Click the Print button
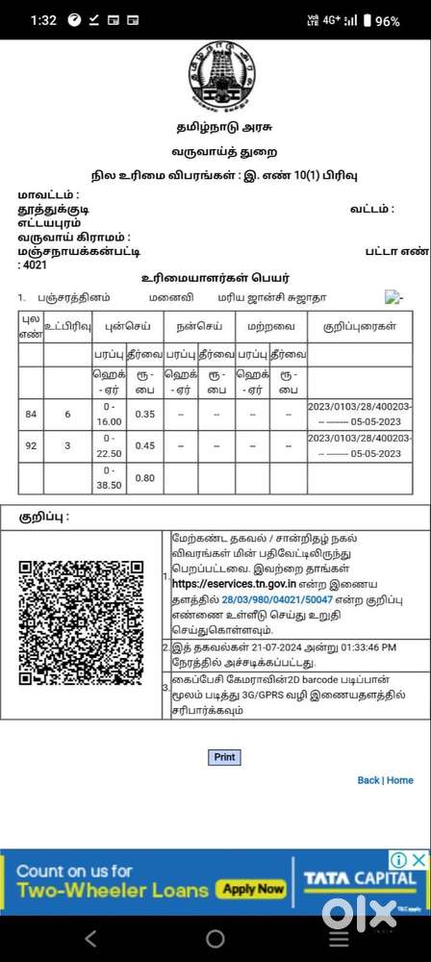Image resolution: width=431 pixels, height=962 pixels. tap(224, 730)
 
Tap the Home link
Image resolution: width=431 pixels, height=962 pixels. tap(400, 753)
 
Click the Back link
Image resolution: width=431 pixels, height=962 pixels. tap(368, 753)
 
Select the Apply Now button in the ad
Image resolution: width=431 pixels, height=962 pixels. tap(254, 889)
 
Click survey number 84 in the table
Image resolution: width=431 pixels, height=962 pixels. tap(31, 414)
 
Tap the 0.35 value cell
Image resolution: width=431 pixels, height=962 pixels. tap(146, 414)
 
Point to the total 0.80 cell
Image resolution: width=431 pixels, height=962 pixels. tap(146, 477)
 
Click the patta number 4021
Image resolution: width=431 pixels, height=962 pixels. tap(34, 265)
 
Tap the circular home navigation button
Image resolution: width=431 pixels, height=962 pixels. tap(215, 938)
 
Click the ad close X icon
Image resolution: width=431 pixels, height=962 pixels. tap(421, 859)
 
